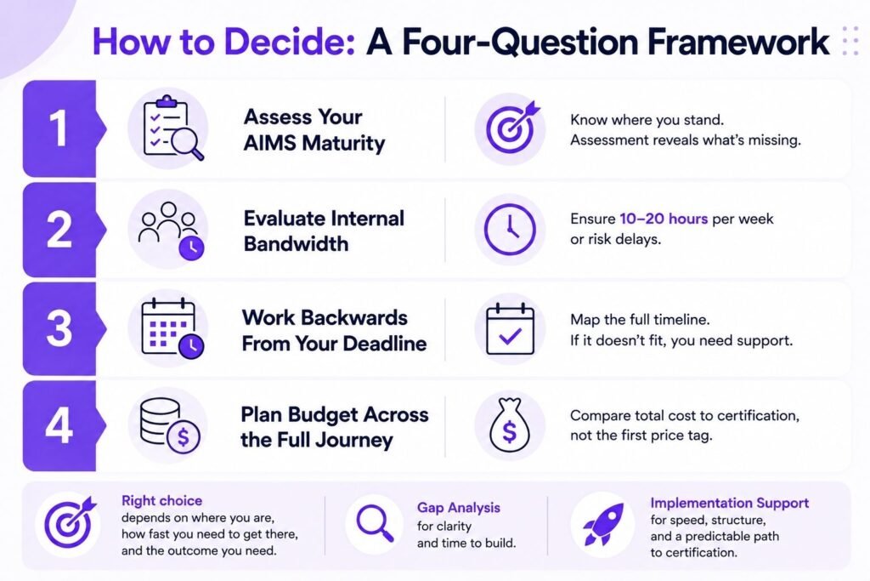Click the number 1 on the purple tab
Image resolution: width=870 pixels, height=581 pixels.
(x=59, y=128)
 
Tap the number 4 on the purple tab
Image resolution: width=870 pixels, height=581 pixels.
(x=59, y=426)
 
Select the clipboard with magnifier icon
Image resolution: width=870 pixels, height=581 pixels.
(x=172, y=128)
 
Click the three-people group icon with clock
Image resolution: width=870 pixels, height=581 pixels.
(x=171, y=230)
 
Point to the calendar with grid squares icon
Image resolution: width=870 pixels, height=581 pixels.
(x=172, y=328)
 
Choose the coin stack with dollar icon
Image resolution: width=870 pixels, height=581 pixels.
(x=169, y=426)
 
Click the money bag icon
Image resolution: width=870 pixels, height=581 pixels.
(x=510, y=426)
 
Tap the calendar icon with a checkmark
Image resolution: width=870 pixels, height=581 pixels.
(x=510, y=329)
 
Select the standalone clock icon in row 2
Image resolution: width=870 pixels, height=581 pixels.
(x=510, y=230)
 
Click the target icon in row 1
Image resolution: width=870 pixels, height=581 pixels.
(x=511, y=128)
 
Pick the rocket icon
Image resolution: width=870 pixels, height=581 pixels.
(x=603, y=524)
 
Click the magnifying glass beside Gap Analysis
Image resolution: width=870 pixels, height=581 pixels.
(x=375, y=523)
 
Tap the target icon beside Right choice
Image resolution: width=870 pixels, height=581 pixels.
(x=70, y=522)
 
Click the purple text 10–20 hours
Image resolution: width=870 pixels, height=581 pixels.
(x=664, y=219)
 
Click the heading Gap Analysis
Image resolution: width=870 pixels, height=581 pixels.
(x=458, y=508)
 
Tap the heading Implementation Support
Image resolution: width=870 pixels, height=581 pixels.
(x=729, y=503)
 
